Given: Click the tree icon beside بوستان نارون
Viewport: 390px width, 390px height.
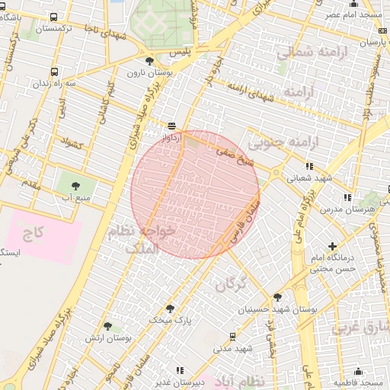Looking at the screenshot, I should pos(149,61).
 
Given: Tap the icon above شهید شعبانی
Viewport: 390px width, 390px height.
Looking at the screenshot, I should pos(308,166).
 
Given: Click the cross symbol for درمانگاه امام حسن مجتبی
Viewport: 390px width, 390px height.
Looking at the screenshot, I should pos(331,246).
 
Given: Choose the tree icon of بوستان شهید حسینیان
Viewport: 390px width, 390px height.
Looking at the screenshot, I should pos(277,296).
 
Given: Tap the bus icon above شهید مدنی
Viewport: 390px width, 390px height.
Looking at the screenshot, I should pos(232,335).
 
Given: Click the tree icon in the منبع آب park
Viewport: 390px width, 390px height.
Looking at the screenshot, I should pos(74,184).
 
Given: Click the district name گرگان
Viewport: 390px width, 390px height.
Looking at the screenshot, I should pos(232,285).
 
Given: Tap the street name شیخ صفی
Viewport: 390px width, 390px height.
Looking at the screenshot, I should pos(234,156).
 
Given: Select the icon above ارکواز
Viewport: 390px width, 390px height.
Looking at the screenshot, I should pos(172,126).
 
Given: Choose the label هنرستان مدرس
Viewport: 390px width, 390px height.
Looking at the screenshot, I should pos(344,208).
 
